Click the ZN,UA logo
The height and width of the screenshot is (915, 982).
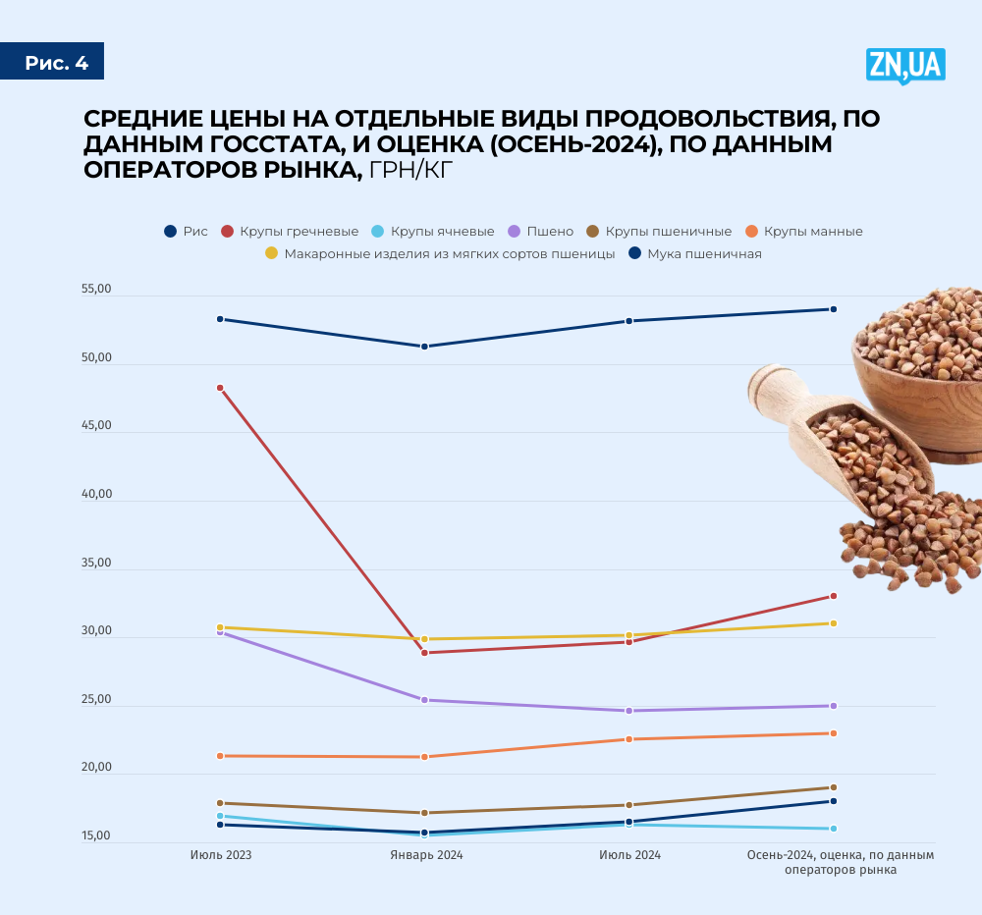[x=904, y=65]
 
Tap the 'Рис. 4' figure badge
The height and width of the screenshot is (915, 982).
[x=56, y=64]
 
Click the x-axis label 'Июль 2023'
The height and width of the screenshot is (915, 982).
[x=220, y=855]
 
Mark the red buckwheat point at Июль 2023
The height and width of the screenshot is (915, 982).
[x=220, y=388]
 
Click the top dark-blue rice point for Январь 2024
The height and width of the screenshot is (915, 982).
[x=424, y=347]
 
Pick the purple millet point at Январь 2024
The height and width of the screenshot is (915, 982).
[x=424, y=700]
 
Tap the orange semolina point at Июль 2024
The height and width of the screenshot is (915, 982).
[x=629, y=739]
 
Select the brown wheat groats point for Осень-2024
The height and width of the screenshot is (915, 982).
[x=834, y=787]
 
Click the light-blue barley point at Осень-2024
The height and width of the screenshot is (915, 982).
[x=834, y=829]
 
